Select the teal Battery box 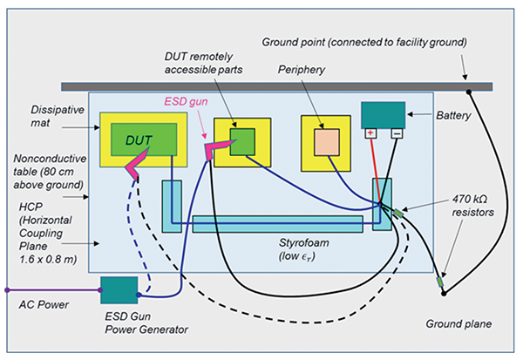point(384,114)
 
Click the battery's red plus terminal point(370,133)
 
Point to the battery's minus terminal point(397,133)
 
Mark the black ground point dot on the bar point(468,91)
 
